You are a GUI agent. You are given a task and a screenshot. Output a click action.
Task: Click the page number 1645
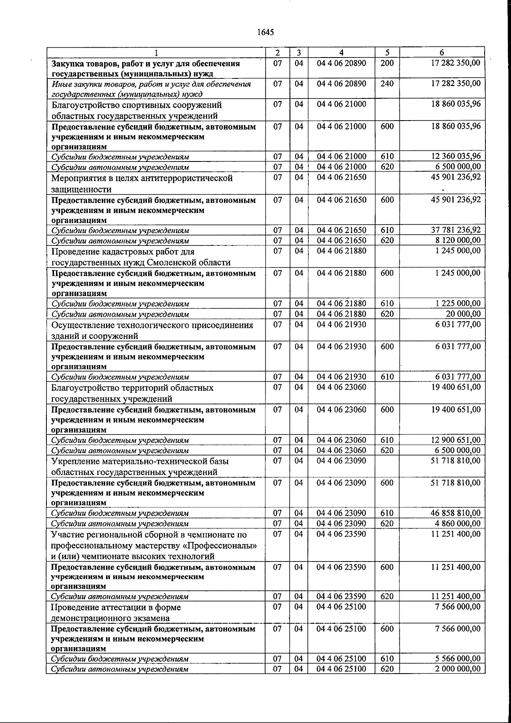(x=265, y=33)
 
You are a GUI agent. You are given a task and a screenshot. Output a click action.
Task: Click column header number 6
(x=442, y=52)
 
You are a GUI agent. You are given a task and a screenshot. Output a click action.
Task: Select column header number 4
(x=341, y=52)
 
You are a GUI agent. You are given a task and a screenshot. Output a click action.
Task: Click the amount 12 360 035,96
(x=456, y=156)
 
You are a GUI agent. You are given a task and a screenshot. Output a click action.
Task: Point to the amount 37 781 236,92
(x=456, y=230)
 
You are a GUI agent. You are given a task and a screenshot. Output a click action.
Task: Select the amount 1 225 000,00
(x=458, y=303)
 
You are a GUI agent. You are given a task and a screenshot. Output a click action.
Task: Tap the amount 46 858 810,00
(x=456, y=513)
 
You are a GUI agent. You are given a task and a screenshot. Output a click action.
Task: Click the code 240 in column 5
(x=387, y=84)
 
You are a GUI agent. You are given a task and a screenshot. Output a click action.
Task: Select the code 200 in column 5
(x=387, y=63)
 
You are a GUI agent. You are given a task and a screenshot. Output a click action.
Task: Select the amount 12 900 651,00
(x=456, y=440)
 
